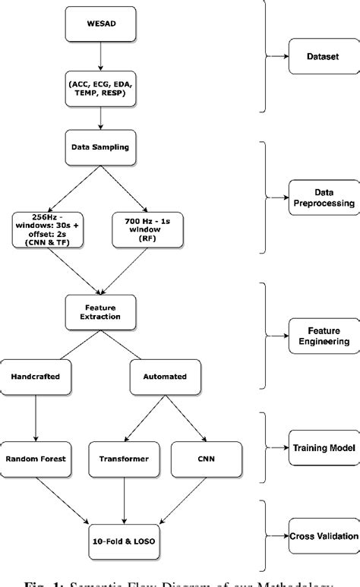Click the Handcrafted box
coord(36,375)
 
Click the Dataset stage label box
coord(323,57)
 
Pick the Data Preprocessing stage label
coord(323,199)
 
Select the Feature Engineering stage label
coord(323,336)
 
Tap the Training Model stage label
coord(323,449)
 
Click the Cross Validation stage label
coord(323,536)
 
